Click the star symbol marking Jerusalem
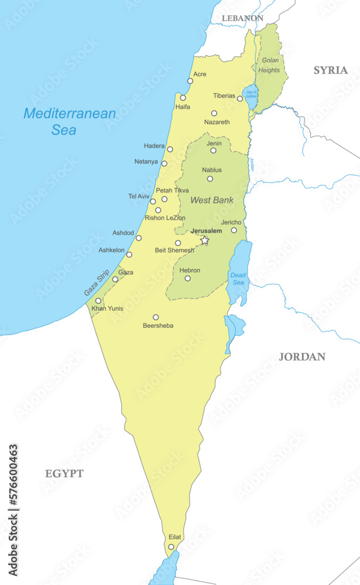(x=204, y=240)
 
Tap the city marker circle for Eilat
(x=171, y=547)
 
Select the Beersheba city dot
(x=156, y=317)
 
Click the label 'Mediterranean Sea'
(x=70, y=122)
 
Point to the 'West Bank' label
(x=211, y=200)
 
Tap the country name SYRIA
(x=330, y=70)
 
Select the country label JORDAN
(x=301, y=357)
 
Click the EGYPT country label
(x=64, y=474)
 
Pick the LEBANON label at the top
(x=242, y=18)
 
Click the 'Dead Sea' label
(x=238, y=278)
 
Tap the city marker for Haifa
(x=183, y=98)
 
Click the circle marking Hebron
(x=188, y=278)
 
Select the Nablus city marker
(x=210, y=178)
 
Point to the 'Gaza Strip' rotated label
(x=97, y=283)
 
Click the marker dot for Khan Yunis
(x=98, y=301)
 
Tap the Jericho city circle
(x=234, y=230)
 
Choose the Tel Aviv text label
(x=139, y=197)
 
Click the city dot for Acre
(x=190, y=81)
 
